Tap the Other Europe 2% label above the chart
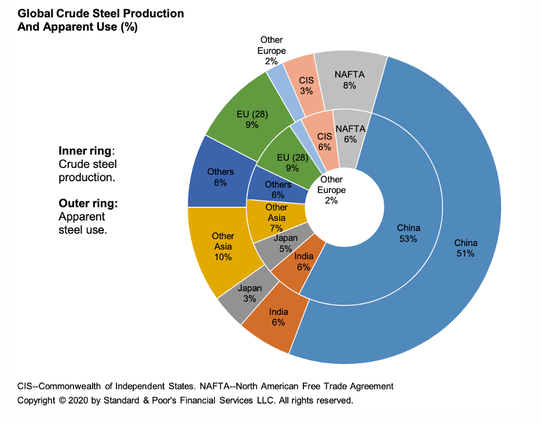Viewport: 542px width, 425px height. pyautogui.click(x=272, y=50)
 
